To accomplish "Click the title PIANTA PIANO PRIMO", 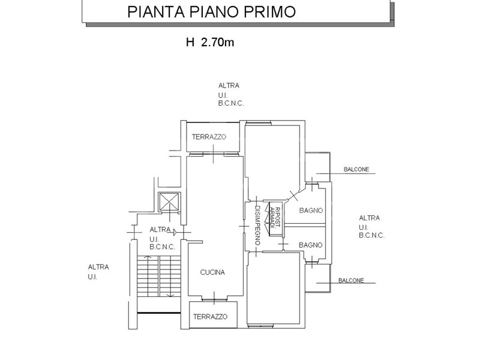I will [211, 12].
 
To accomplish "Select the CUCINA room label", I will [212, 272].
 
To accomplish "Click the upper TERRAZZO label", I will [209, 137].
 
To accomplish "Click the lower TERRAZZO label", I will [210, 316].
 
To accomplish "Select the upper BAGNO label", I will [311, 211].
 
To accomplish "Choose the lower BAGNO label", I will [311, 245].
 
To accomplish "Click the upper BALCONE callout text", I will [356, 170].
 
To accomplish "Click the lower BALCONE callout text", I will [351, 280].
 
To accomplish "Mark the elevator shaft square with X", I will [169, 202].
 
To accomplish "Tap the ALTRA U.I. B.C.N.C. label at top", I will [232, 95].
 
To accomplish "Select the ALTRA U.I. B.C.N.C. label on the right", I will [371, 227].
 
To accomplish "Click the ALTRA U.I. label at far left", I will [98, 272].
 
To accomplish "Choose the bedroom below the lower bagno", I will [274, 288].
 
